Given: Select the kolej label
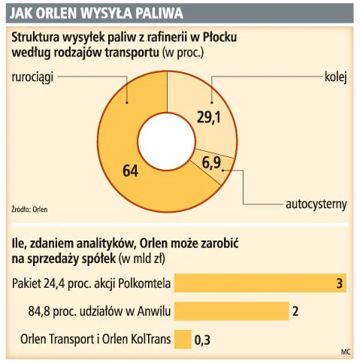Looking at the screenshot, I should point(335,77).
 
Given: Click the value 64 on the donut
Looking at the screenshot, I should point(130,171).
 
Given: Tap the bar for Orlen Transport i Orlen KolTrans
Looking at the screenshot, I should point(183,339).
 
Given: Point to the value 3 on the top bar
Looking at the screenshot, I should point(340,283).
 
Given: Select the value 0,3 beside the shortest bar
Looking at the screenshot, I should point(202,340).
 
